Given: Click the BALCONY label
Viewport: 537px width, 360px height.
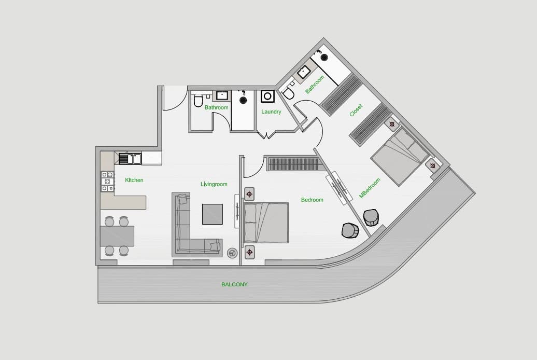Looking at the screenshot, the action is point(234,284).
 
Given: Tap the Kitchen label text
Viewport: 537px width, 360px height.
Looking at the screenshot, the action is point(134,180).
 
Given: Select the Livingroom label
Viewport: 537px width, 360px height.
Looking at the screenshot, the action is point(214,184).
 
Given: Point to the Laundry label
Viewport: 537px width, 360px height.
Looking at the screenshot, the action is point(271,112).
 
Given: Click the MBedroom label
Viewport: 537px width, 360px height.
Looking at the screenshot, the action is point(370,188).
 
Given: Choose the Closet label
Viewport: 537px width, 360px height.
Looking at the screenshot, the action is point(356,110).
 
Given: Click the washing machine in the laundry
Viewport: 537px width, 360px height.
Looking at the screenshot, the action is point(267,96).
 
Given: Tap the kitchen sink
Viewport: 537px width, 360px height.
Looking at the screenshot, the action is point(130,159).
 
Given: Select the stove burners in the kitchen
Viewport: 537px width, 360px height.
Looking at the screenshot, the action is point(107,182).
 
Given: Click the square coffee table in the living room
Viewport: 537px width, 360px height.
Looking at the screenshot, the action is point(213,214).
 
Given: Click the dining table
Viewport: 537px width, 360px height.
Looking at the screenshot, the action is point(117,236).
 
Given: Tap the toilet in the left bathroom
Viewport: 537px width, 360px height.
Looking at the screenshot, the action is point(199,100).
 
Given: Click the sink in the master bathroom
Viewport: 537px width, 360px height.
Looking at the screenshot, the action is point(304,73).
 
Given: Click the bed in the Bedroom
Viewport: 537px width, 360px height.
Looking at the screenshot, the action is point(266,223).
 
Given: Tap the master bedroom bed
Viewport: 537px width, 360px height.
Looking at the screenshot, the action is point(399,158).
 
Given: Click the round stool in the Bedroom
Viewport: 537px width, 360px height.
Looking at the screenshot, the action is point(350,230).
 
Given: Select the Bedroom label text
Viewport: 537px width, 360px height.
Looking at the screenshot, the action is point(312,200).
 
